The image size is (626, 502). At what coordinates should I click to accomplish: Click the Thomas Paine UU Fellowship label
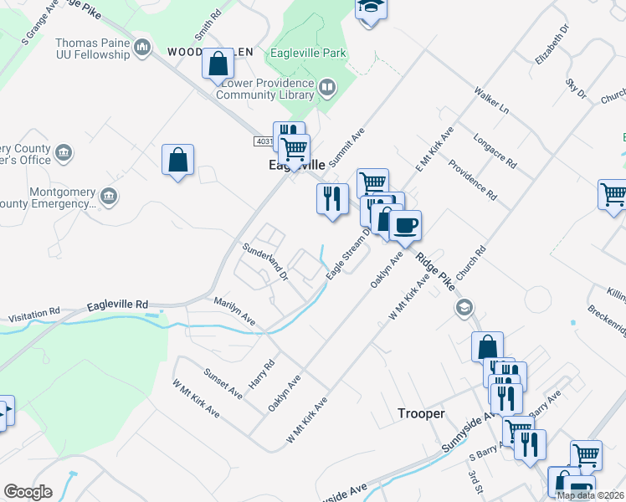click(x=92, y=49)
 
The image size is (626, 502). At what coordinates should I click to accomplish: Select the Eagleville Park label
click(x=308, y=53)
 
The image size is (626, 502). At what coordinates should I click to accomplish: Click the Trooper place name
click(x=420, y=413)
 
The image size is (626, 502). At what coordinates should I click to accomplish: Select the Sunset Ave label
click(x=223, y=381)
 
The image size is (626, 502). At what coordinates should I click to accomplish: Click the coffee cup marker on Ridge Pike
click(x=405, y=225)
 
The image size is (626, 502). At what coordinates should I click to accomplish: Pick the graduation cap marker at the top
click(x=369, y=8)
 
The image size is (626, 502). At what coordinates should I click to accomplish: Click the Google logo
click(x=28, y=492)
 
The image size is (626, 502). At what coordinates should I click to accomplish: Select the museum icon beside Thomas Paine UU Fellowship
click(x=142, y=46)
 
